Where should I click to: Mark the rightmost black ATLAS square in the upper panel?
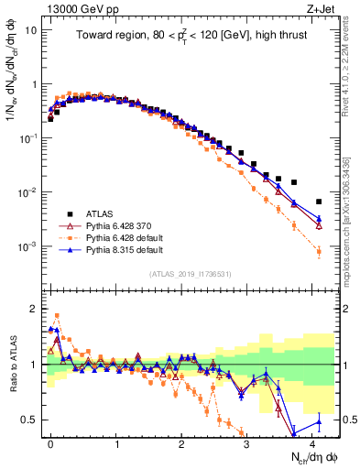click(x=319, y=202)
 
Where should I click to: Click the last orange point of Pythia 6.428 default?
click(x=319, y=251)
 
